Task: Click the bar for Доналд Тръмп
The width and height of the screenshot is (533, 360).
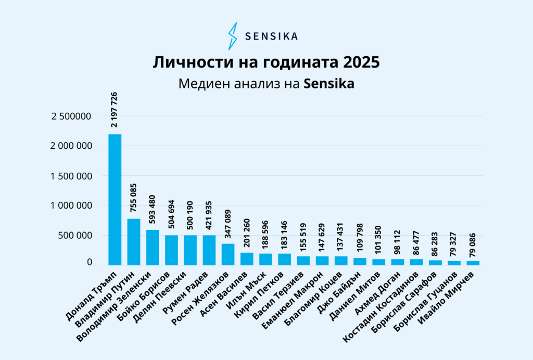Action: pyautogui.click(x=115, y=200)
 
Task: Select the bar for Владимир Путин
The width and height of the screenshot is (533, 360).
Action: pyautogui.click(x=134, y=242)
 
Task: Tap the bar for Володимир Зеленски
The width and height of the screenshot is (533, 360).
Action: pyautogui.click(x=153, y=248)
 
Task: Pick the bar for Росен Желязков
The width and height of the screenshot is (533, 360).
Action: pyautogui.click(x=228, y=254)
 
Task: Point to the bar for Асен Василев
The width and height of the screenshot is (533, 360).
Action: pyautogui.click(x=247, y=259)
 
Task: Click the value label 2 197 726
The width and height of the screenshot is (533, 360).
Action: pyautogui.click(x=115, y=110)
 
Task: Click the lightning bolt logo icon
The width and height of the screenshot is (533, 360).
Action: pyautogui.click(x=233, y=36)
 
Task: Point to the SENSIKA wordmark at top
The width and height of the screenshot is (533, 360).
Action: pyautogui.click(x=271, y=36)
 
